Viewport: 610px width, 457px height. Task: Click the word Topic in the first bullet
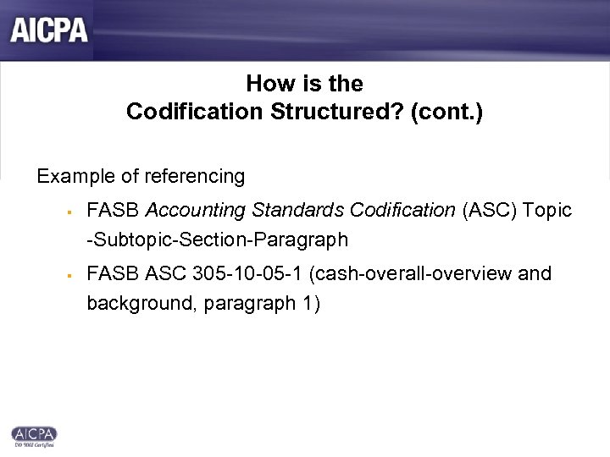click(548, 210)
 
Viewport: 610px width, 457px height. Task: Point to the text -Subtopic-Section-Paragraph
click(217, 240)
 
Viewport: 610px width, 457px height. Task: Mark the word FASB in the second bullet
click(112, 274)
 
